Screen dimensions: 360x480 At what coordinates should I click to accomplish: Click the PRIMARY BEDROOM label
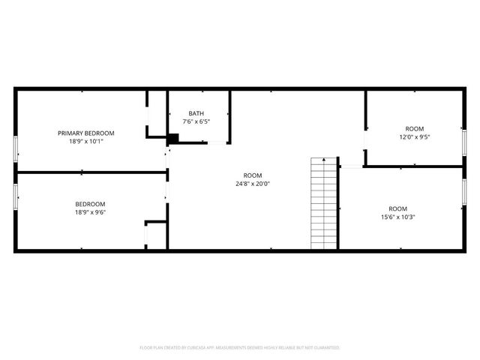[x=91, y=133]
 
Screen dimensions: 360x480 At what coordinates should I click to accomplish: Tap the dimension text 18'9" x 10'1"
[x=91, y=141]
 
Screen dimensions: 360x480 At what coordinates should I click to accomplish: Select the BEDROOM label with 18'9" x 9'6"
[x=90, y=204]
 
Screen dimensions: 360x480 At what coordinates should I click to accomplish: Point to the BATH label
[x=196, y=113]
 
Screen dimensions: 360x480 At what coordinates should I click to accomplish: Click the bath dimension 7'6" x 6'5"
[x=196, y=121]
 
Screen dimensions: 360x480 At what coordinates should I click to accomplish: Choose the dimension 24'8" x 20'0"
[x=252, y=183]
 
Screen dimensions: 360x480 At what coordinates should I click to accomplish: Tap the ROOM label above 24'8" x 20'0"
[x=252, y=175]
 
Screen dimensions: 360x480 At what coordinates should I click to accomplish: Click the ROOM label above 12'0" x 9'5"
[x=415, y=128]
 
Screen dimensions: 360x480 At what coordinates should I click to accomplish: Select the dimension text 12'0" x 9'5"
[x=415, y=136]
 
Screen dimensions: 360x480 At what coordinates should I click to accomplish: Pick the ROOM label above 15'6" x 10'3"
[x=397, y=208]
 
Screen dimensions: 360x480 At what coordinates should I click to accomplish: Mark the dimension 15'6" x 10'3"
[x=397, y=217]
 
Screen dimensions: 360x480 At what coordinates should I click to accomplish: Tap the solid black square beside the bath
[x=173, y=138]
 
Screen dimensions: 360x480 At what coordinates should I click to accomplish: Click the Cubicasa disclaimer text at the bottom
[x=240, y=348]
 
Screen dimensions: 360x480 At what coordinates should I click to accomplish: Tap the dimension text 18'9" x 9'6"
[x=90, y=212]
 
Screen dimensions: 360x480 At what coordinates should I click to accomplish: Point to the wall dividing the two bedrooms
[x=90, y=172]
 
